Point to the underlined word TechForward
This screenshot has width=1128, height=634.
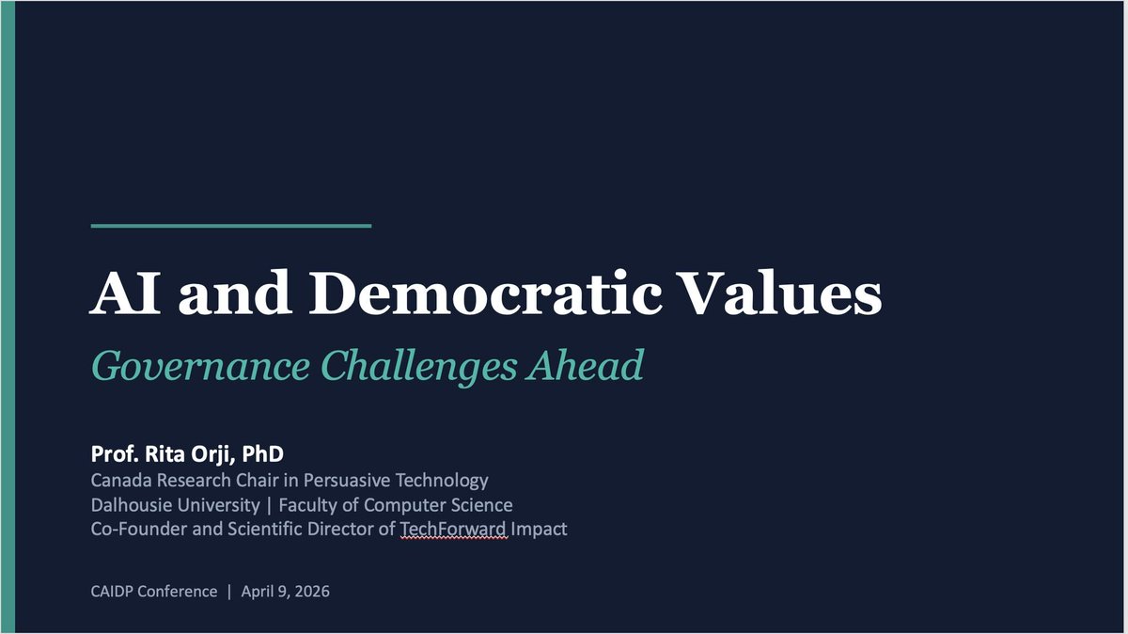point(454,530)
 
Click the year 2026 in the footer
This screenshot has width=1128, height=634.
point(311,593)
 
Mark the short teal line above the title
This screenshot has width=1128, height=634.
point(231,226)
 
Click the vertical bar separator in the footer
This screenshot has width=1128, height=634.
point(227,593)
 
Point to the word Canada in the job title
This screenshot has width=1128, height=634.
point(120,481)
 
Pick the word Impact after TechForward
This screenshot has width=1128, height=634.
point(540,530)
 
